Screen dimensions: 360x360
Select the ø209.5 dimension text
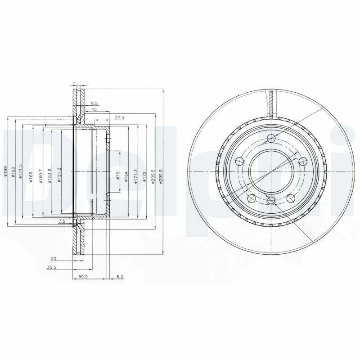coord(153,173)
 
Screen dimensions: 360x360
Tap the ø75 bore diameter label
coord(117,175)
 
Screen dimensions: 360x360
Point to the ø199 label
coord(5,171)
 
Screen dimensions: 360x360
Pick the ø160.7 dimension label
coord(40,174)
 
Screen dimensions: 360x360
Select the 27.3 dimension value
coord(119,117)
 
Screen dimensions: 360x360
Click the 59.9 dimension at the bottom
coord(82,277)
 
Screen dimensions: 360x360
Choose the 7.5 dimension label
coord(62,222)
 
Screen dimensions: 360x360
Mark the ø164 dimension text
coord(126,175)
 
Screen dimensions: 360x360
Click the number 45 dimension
coord(94,109)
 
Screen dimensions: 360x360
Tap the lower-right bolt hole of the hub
coord(289,197)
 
